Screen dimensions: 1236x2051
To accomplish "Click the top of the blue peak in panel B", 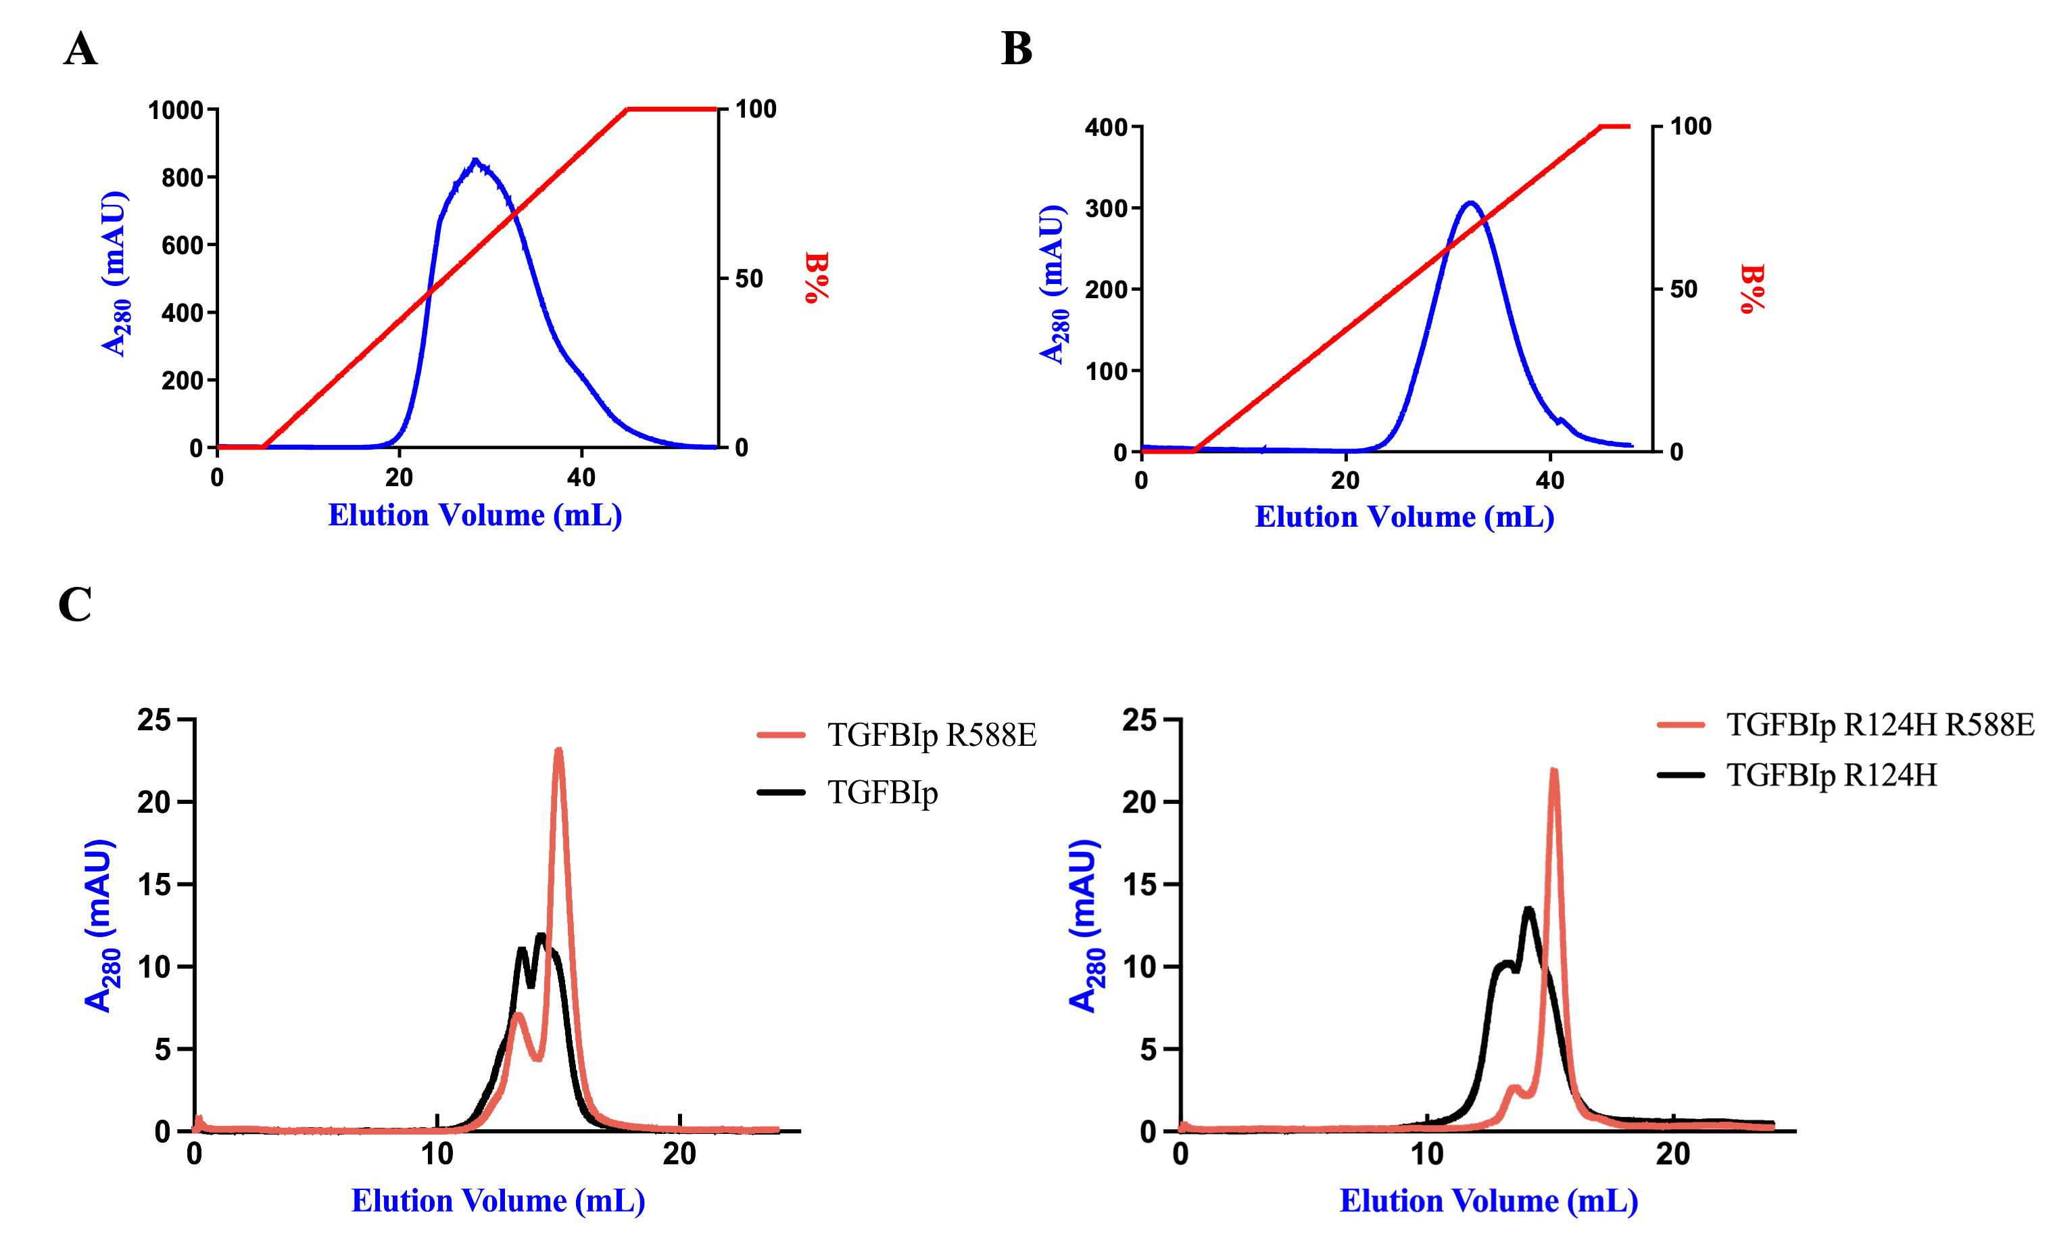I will click(1471, 202).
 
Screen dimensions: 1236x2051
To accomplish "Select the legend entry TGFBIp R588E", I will click(932, 735).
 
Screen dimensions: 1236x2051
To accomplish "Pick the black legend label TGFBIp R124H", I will click(1831, 775).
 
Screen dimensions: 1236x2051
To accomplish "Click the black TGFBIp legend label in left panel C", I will click(882, 792).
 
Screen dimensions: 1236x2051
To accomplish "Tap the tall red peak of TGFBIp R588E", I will click(558, 751).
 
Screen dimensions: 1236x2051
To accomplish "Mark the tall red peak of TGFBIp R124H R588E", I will click(1553, 771).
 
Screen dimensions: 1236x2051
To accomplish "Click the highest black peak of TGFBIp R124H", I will click(1528, 909).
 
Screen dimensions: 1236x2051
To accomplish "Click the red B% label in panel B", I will click(1752, 289).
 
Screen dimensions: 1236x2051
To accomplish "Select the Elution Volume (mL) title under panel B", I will click(1404, 517).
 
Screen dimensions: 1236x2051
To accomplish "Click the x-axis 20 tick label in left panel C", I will click(679, 1154).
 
